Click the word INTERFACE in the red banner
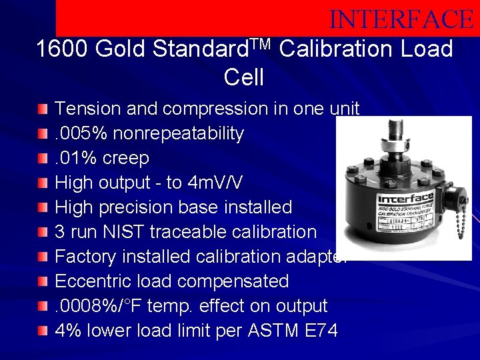pyautogui.click(x=401, y=19)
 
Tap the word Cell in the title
pyautogui.click(x=244, y=78)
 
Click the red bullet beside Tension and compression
pyautogui.click(x=43, y=109)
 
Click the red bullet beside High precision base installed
pyautogui.click(x=43, y=207)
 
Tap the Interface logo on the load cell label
pyautogui.click(x=405, y=199)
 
